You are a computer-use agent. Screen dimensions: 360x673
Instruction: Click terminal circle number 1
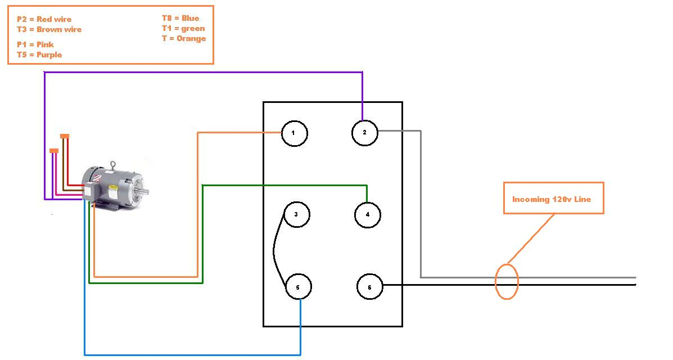[x=294, y=133]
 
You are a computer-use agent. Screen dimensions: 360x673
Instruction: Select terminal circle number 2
[x=365, y=132]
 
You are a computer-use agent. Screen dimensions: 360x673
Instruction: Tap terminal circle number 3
[x=296, y=214]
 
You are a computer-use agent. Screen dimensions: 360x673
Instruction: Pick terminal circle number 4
[x=368, y=214]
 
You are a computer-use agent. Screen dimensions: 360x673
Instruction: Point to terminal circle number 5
[x=298, y=287]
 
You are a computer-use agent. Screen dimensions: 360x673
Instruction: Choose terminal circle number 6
[x=370, y=287]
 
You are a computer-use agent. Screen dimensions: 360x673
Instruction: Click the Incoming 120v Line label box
[x=553, y=198]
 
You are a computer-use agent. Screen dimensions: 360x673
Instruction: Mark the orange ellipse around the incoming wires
[x=506, y=281]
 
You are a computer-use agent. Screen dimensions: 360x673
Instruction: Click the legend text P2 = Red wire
[x=44, y=19]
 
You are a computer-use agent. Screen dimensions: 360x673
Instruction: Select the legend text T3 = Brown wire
[x=49, y=29]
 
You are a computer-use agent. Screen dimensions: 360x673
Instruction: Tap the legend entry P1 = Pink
[x=35, y=44]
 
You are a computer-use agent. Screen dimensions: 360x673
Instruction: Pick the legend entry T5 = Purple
[x=39, y=55]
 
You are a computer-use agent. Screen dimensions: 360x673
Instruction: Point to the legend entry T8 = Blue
[x=180, y=18]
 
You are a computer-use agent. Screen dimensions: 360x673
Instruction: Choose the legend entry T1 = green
[x=183, y=28]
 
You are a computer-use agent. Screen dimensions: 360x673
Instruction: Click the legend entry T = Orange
[x=183, y=38]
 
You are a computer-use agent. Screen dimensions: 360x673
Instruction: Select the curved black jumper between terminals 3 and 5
[x=275, y=250]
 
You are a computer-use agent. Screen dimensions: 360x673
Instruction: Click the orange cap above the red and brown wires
[x=65, y=136]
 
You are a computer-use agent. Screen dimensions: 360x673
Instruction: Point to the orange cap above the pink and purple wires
[x=54, y=150]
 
